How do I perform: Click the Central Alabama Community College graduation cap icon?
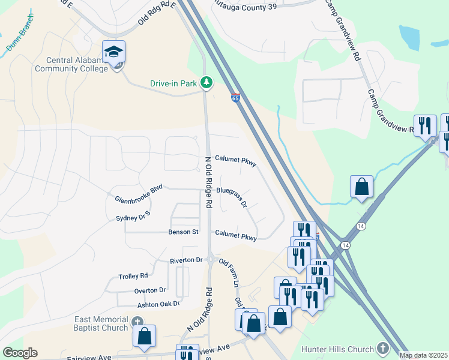pyautogui.click(x=113, y=52)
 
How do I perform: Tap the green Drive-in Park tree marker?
pyautogui.click(x=206, y=82)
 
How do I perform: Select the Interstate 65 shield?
pyautogui.click(x=235, y=97)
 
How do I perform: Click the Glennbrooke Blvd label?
pyautogui.click(x=139, y=194)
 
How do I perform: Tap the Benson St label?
pyautogui.click(x=183, y=232)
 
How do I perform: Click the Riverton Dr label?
pyautogui.click(x=186, y=260)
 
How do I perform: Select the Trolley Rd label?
pyautogui.click(x=133, y=276)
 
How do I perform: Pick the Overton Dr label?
pyautogui.click(x=149, y=290)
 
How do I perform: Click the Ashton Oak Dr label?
pyautogui.click(x=158, y=304)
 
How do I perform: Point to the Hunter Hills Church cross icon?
pyautogui.click(x=383, y=348)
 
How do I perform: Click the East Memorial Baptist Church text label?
pyautogui.click(x=101, y=323)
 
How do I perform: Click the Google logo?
pyautogui.click(x=20, y=353)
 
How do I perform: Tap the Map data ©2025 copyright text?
pyautogui.click(x=423, y=355)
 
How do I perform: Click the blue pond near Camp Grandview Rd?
pyautogui.click(x=409, y=37)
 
